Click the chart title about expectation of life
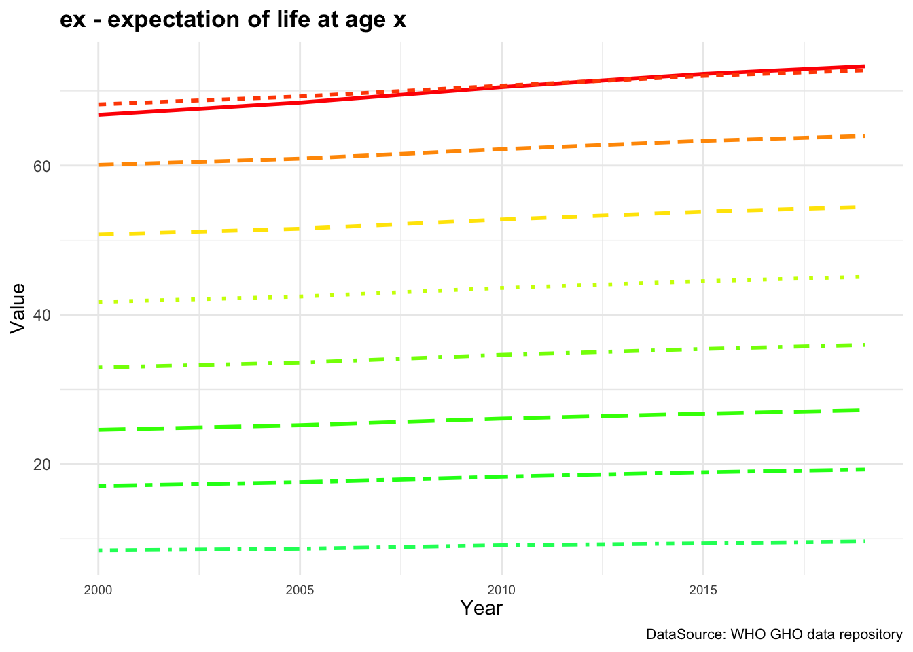tap(233, 20)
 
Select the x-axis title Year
tap(481, 608)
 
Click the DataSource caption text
tap(774, 635)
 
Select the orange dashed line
tap(501, 149)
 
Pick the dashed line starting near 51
tap(501, 219)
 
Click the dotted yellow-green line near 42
tap(501, 288)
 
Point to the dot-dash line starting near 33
tap(501, 355)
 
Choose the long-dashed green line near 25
tap(501, 418)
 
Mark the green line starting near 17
tap(501, 477)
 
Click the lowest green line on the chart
tap(501, 545)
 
